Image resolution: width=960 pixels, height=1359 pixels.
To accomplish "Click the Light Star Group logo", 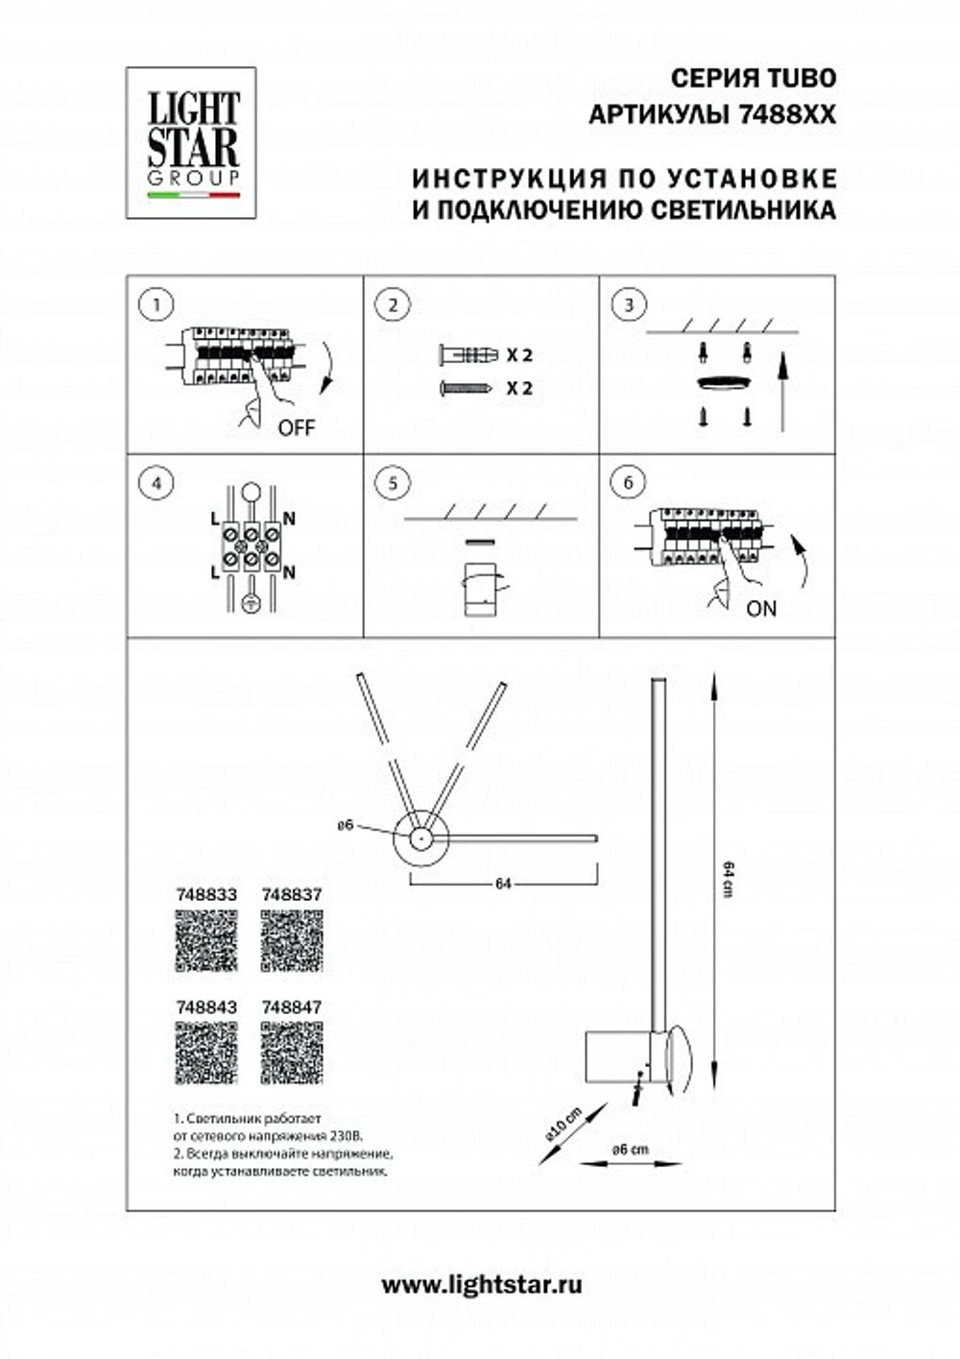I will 192,142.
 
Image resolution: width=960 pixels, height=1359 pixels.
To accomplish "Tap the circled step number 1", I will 155,305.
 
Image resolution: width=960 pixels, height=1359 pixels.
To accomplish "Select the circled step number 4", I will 155,482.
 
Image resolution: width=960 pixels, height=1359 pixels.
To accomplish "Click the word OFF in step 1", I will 296,429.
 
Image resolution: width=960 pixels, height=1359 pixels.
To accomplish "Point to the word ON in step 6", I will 761,608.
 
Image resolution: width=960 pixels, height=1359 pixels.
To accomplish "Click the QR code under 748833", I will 206,940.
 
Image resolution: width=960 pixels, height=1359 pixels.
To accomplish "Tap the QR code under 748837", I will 292,940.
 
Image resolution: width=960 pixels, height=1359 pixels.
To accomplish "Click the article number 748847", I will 292,1007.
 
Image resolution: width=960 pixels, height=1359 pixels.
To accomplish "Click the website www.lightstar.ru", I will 482,1284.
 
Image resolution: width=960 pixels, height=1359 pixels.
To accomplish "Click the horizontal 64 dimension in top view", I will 503,885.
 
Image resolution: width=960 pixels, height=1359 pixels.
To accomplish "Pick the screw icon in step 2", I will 467,388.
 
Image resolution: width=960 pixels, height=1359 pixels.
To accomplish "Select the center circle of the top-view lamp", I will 420,838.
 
